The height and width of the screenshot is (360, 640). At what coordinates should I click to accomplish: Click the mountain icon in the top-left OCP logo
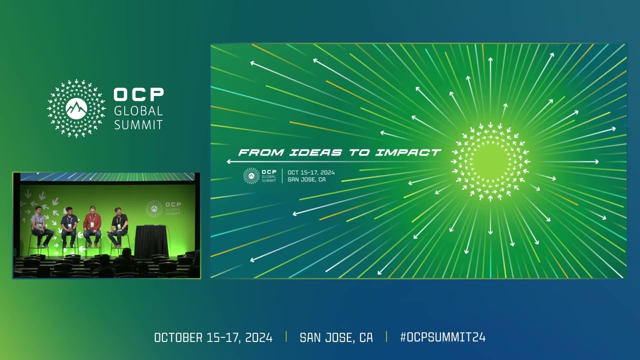(x=76, y=108)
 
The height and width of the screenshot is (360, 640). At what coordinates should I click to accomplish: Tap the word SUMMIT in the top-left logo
(x=138, y=124)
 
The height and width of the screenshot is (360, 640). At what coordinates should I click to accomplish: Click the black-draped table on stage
(x=151, y=241)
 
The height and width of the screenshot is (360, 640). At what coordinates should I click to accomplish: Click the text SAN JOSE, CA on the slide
(x=306, y=179)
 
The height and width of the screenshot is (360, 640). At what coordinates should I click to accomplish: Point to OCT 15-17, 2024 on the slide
(x=311, y=172)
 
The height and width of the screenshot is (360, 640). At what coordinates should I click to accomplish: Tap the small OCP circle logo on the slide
(x=251, y=176)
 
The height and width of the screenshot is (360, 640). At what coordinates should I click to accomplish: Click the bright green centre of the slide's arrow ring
(x=490, y=161)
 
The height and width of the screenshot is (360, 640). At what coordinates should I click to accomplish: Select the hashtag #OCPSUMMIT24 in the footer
(x=442, y=337)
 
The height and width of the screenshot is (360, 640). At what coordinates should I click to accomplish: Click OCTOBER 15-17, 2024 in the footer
(x=213, y=337)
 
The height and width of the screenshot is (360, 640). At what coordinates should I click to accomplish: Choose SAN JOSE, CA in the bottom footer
(x=336, y=337)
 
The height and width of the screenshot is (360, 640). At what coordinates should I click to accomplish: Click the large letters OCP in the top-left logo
(x=138, y=94)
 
